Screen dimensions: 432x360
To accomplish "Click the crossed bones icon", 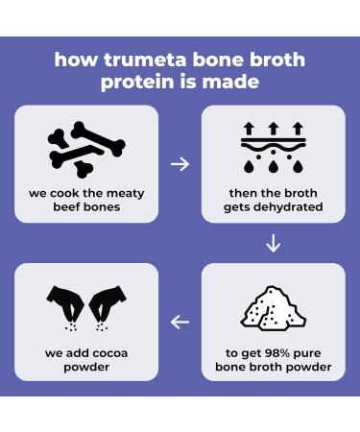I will pyautogui.click(x=86, y=150).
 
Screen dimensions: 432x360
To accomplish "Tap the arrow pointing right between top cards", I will pyautogui.click(x=180, y=164).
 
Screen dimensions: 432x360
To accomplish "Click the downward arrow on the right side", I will pyautogui.click(x=273, y=244).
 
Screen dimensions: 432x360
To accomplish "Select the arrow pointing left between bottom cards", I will pyautogui.click(x=180, y=322).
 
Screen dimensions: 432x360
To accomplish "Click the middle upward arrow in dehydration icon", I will pyautogui.click(x=273, y=129).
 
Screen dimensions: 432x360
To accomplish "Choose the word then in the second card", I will pyautogui.click(x=243, y=193).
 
